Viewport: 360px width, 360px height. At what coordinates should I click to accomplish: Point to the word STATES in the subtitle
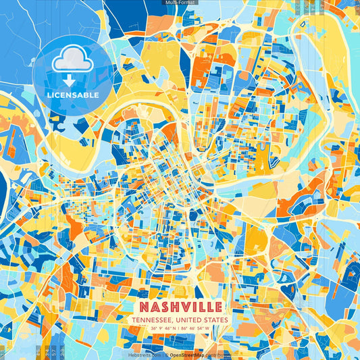(x=216, y=320)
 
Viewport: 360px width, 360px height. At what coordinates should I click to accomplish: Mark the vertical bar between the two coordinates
(x=180, y=330)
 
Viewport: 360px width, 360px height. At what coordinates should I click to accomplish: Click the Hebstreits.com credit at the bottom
(x=144, y=354)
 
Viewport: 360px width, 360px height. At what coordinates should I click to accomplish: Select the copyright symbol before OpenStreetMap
(x=166, y=354)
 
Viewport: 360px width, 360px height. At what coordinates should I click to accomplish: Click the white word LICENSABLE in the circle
(x=73, y=95)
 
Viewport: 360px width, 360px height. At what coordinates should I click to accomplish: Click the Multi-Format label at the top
(x=180, y=3)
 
